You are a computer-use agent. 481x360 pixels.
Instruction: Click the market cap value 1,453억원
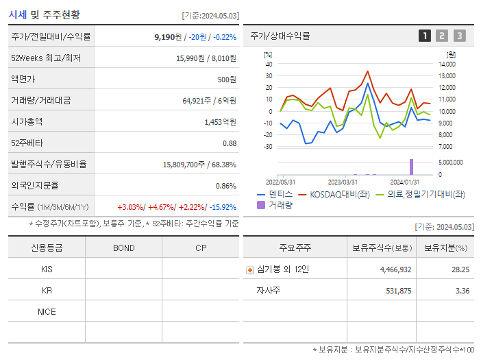coord(220,122)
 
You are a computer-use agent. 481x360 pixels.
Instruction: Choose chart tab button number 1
coord(425,36)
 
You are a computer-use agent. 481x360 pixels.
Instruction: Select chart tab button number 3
coord(459,36)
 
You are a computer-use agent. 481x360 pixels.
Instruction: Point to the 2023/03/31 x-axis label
coord(343,182)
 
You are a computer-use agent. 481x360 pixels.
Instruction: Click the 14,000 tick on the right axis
coord(446,64)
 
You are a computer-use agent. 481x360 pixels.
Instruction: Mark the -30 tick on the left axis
coord(268,146)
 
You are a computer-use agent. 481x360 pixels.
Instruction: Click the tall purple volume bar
coord(412,167)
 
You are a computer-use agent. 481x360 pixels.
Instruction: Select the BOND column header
coord(123,248)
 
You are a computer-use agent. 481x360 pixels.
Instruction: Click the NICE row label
coord(47,311)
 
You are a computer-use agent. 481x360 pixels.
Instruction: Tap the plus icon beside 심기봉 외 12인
coord(250,270)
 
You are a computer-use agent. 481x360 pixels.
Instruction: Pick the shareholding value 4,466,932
coord(395,269)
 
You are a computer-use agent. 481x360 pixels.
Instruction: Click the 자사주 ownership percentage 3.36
coord(462,291)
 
